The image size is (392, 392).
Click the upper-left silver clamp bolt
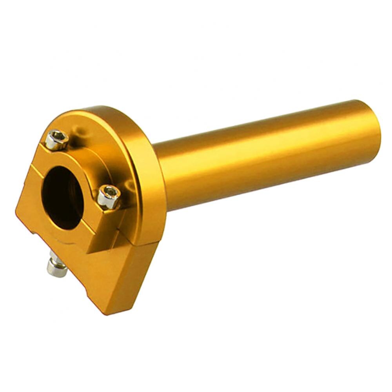[56, 140]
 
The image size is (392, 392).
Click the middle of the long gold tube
[267, 157]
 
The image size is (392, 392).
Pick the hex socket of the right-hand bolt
[110, 192]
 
